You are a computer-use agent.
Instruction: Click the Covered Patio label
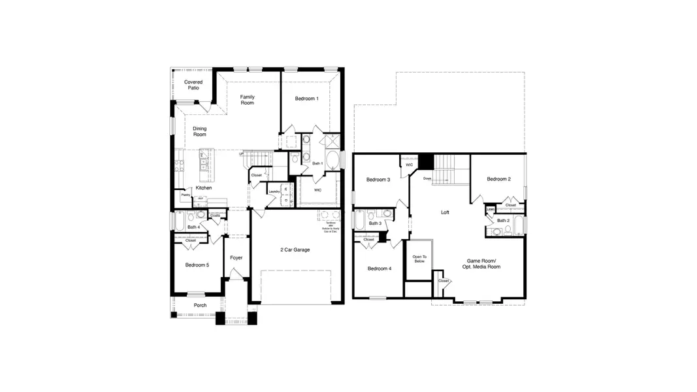point(193,85)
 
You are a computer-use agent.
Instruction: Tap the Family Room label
point(247,100)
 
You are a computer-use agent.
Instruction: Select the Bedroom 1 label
point(306,99)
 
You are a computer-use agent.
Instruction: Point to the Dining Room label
point(199,131)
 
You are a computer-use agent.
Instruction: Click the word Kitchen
point(203,188)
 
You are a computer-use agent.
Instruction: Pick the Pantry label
point(186,195)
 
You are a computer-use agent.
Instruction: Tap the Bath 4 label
point(193,227)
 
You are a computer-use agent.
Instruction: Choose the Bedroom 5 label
point(197,265)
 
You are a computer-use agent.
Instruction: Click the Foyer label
point(236,257)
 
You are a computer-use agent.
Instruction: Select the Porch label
point(200,305)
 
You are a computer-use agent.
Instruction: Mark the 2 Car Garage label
point(295,250)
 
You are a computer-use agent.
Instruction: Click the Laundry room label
point(274,191)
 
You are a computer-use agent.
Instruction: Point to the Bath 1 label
point(317,163)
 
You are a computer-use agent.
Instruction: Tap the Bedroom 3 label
point(378,180)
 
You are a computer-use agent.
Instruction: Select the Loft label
point(445,212)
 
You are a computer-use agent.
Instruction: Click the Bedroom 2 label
point(498,179)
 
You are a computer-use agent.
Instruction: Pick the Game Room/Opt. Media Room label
point(484,263)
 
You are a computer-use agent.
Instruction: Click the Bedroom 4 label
point(379,269)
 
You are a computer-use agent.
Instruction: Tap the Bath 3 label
point(375,223)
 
